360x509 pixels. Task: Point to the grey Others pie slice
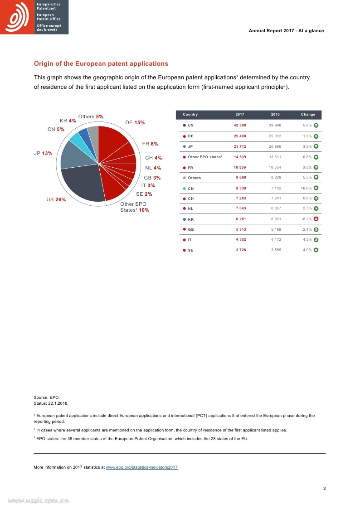click(93, 133)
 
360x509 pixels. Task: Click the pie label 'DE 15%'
click(135, 123)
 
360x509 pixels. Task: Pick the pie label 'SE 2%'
click(144, 194)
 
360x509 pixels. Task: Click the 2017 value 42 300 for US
click(240, 125)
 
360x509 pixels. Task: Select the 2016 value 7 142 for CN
click(276, 188)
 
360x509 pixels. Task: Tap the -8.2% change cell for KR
click(306, 219)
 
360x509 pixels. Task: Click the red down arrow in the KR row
click(316, 219)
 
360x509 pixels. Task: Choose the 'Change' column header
click(308, 114)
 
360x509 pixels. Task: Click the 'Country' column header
click(190, 114)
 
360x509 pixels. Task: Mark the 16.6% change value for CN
click(306, 188)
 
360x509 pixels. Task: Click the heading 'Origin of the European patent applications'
click(101, 64)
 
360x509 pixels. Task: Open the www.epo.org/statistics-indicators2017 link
click(141, 467)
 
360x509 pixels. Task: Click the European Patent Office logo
click(34, 17)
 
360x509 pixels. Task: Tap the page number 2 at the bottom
click(324, 489)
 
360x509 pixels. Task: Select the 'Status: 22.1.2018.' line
click(51, 402)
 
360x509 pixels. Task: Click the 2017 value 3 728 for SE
click(240, 250)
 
